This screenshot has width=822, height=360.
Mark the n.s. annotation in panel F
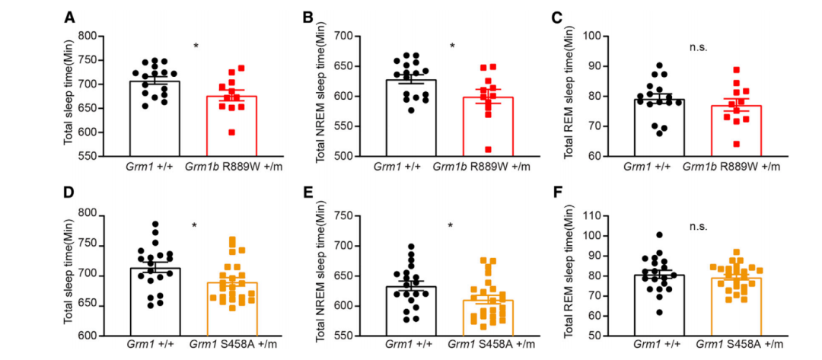tap(698, 226)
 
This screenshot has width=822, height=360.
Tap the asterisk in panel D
tap(195, 226)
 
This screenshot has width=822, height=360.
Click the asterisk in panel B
tap(452, 46)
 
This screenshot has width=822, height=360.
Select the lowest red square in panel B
tap(467, 149)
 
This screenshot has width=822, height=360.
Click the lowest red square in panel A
tap(210, 132)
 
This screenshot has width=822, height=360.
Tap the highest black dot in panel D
tap(155, 225)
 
